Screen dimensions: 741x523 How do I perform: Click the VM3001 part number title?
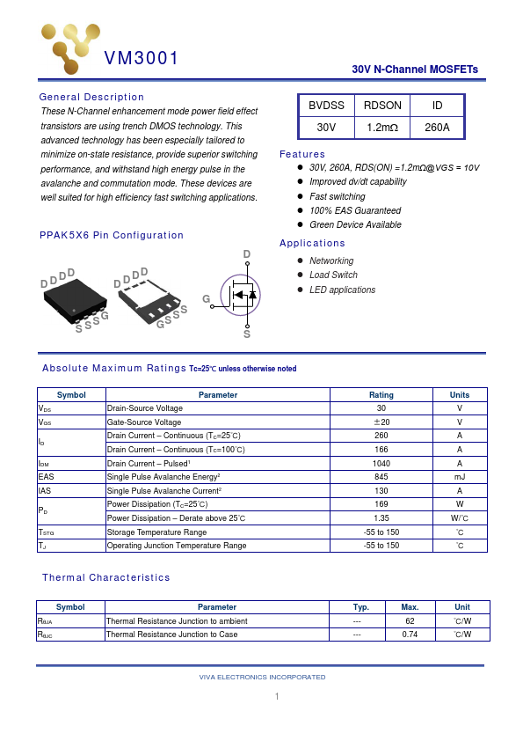142,59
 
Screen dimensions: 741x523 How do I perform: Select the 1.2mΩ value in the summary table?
382,128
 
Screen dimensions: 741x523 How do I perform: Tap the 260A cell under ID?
437,128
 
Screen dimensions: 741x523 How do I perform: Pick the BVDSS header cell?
326,106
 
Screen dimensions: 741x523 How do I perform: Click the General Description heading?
91,97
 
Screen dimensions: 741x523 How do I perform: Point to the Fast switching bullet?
337,196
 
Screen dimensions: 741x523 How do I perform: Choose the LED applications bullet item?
342,290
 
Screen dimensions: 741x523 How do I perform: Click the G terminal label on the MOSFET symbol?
207,300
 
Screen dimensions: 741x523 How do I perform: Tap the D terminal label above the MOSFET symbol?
247,255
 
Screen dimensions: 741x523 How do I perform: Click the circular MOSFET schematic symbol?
242,295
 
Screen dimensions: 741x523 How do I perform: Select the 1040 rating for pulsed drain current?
381,463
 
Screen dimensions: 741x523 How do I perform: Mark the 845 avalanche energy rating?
381,477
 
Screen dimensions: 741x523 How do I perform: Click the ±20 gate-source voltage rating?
381,422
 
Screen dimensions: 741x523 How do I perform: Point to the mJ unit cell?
459,477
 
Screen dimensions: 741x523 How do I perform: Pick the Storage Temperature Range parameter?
156,532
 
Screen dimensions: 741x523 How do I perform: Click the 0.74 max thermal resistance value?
410,635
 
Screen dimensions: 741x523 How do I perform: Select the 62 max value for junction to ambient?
410,620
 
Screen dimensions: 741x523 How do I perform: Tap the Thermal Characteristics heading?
106,577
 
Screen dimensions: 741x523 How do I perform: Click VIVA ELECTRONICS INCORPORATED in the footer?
262,677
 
